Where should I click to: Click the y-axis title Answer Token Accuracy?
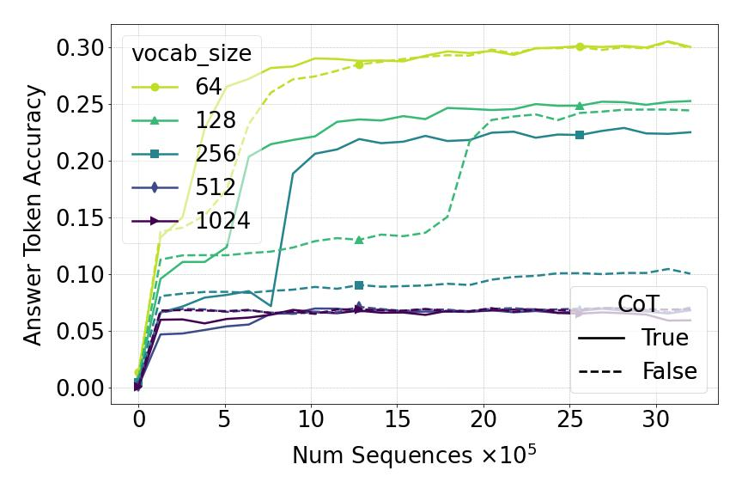tap(33, 214)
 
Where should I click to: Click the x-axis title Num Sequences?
tap(414, 455)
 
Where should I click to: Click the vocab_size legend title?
tap(192, 53)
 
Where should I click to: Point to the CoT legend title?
tap(640, 304)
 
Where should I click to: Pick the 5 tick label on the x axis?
tap(225, 421)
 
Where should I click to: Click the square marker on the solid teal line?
tap(580, 134)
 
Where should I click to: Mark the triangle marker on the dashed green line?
tap(359, 239)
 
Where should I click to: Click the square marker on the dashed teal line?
tap(359, 285)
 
